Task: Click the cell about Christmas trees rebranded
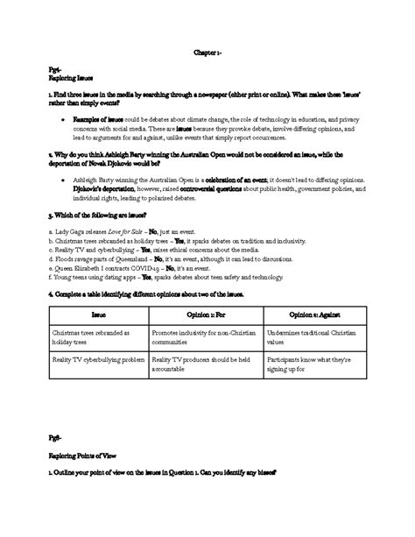[x=91, y=338]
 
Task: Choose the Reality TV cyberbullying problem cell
[x=97, y=360]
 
